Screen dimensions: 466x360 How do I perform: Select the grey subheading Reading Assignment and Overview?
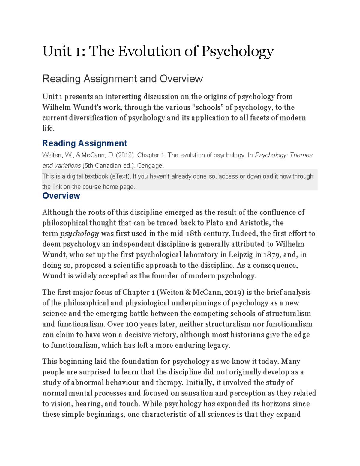(122, 79)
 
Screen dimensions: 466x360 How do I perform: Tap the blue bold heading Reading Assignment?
(85, 143)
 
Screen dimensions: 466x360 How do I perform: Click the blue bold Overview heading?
(61, 196)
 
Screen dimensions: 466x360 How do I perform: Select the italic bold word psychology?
(79, 234)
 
